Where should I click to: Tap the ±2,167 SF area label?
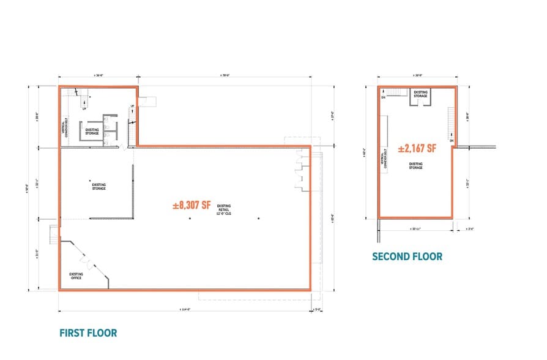click(x=417, y=148)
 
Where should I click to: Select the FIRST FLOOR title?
click(x=88, y=333)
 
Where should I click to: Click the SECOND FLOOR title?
click(x=407, y=257)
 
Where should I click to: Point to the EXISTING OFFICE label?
click(x=76, y=276)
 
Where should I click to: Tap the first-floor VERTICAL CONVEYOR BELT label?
click(x=64, y=128)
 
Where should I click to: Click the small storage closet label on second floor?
click(x=420, y=94)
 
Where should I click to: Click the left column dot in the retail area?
click(x=190, y=218)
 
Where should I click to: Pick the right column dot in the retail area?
click(x=259, y=218)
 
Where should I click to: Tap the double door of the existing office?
click(x=91, y=264)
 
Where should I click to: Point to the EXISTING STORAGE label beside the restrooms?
click(x=93, y=131)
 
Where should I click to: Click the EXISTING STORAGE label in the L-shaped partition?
click(x=99, y=186)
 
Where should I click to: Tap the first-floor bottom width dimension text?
click(x=184, y=309)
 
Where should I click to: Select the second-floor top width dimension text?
click(x=417, y=76)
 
